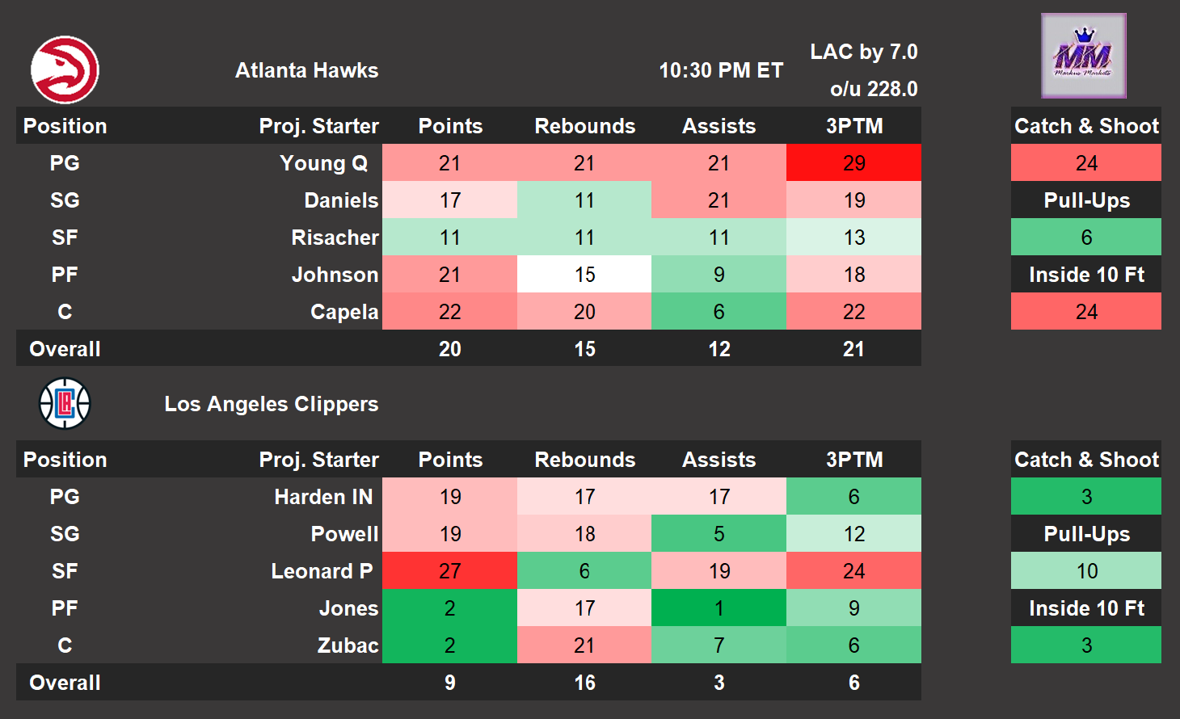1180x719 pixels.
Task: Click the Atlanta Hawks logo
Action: [65, 70]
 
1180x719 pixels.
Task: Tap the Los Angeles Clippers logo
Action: [65, 403]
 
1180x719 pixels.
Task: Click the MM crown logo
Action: [1083, 56]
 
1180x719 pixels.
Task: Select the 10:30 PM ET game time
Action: [721, 70]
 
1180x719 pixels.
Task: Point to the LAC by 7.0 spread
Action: [863, 52]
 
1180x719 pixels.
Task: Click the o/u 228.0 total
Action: [874, 89]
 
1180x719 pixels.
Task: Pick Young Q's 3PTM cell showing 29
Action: [853, 163]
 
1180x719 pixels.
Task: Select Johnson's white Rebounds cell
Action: [584, 275]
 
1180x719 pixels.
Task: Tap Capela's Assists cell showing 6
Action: [719, 312]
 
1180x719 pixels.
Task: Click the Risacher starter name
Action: [335, 238]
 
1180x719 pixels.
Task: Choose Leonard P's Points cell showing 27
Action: [449, 571]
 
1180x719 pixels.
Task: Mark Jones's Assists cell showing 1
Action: [719, 608]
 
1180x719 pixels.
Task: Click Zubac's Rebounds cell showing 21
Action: [584, 645]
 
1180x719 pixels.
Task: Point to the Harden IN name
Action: [323, 497]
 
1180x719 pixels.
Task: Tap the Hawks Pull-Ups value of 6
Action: [1086, 238]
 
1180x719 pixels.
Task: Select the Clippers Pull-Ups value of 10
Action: [1086, 571]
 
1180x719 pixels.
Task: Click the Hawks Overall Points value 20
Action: [449, 349]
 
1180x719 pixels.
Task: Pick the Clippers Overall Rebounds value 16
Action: [584, 683]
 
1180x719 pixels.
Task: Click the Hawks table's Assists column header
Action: [719, 126]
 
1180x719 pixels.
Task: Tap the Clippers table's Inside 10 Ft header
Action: [1086, 608]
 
